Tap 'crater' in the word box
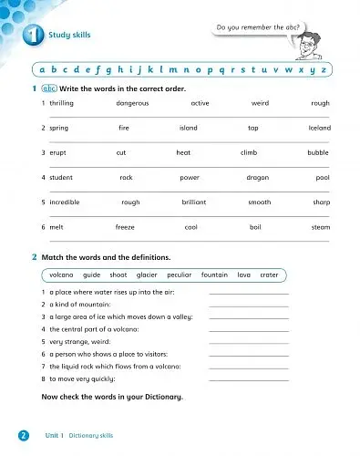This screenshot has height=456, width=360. click(269, 275)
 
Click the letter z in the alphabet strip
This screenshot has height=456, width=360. click(324, 69)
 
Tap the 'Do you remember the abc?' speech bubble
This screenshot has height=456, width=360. click(257, 28)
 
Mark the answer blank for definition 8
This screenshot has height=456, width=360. click(248, 377)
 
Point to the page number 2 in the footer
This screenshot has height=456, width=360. click(22, 436)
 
